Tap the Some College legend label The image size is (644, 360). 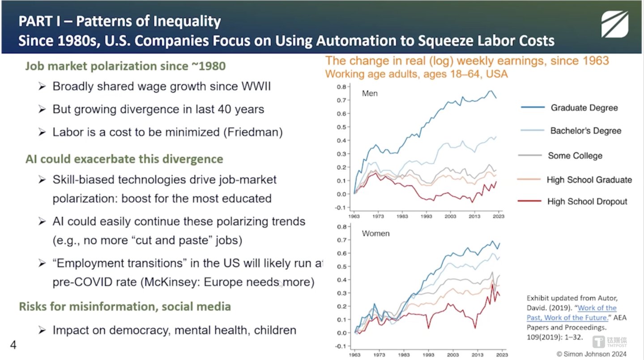575,156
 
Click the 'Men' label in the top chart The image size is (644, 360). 370,93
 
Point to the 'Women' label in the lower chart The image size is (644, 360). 375,233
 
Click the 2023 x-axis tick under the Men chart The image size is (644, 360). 499,216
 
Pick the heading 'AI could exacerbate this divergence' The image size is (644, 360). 124,159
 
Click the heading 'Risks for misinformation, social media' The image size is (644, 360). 125,306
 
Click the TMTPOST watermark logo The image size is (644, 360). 611,342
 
